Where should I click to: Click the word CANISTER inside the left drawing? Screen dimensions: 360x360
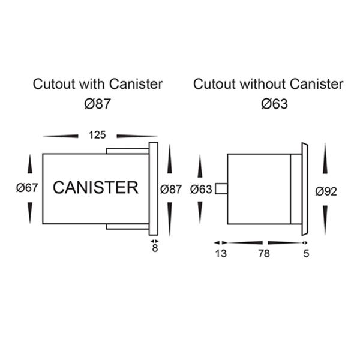[95, 188]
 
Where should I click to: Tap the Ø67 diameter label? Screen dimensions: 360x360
[28, 188]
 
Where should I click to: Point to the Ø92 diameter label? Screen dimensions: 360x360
[326, 191]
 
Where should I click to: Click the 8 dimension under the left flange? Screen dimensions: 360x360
[155, 248]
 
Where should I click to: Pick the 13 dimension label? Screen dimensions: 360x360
[221, 254]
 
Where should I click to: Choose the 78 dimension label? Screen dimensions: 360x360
[263, 254]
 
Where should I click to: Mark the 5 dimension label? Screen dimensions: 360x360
[306, 254]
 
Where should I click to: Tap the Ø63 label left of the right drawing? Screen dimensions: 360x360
[201, 189]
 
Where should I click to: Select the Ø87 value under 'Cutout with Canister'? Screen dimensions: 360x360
[97, 104]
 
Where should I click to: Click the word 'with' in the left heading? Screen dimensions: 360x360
[87, 84]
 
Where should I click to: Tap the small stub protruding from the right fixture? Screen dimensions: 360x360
[221, 189]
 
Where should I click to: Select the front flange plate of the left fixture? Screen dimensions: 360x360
[153, 189]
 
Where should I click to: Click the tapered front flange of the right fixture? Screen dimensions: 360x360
[304, 189]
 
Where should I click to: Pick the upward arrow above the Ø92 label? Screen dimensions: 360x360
[325, 162]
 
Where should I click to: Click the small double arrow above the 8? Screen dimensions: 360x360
[155, 241]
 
